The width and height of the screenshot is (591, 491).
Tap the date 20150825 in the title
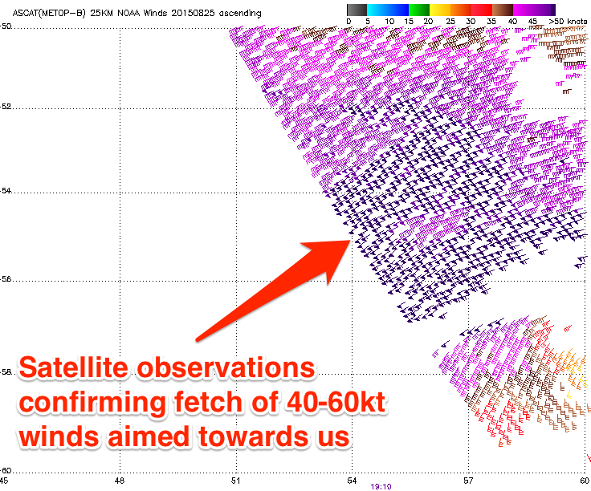(193, 13)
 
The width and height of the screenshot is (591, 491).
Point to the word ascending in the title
(240, 14)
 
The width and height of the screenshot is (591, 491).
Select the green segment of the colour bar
(419, 10)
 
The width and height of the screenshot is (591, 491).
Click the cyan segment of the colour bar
(377, 10)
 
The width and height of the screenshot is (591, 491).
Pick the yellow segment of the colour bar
(440, 10)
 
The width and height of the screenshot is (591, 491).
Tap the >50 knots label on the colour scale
(568, 22)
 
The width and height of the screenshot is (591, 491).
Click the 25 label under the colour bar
(450, 22)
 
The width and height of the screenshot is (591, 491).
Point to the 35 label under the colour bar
(491, 22)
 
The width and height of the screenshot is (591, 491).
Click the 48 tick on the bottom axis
(120, 481)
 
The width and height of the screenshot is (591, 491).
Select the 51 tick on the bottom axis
(236, 481)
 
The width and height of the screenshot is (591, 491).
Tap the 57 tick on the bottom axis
(468, 481)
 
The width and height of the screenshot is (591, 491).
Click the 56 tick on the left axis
(6, 279)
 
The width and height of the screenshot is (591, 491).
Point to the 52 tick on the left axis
(6, 107)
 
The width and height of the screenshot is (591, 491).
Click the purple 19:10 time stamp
(381, 486)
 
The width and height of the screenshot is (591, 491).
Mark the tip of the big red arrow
(352, 240)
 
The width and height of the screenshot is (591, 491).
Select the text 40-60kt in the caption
(336, 402)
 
